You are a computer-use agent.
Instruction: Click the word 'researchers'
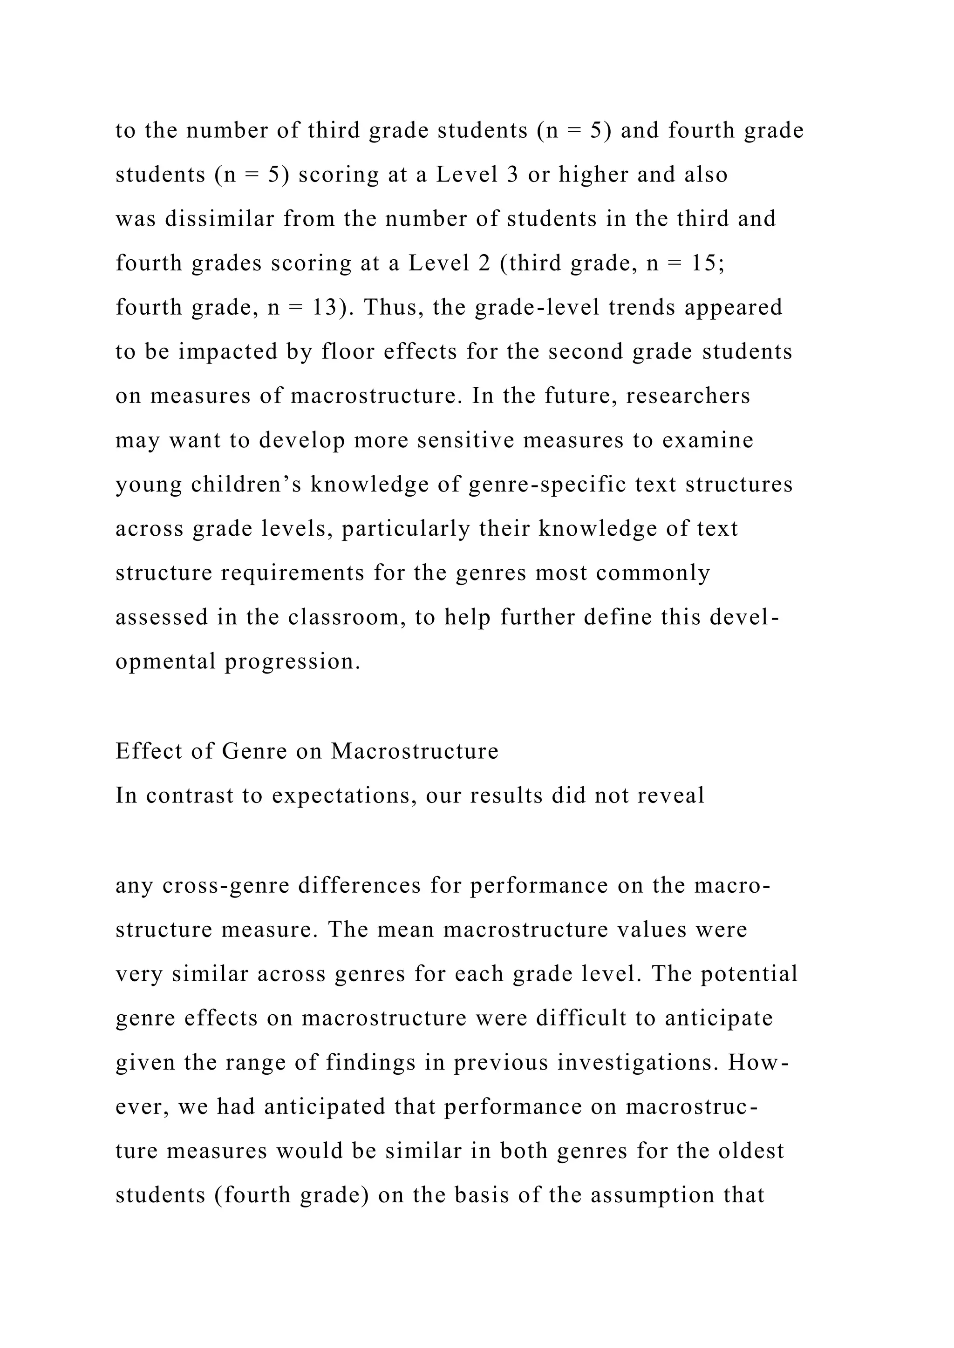[x=688, y=396]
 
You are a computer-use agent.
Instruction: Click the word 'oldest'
[x=751, y=1151]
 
